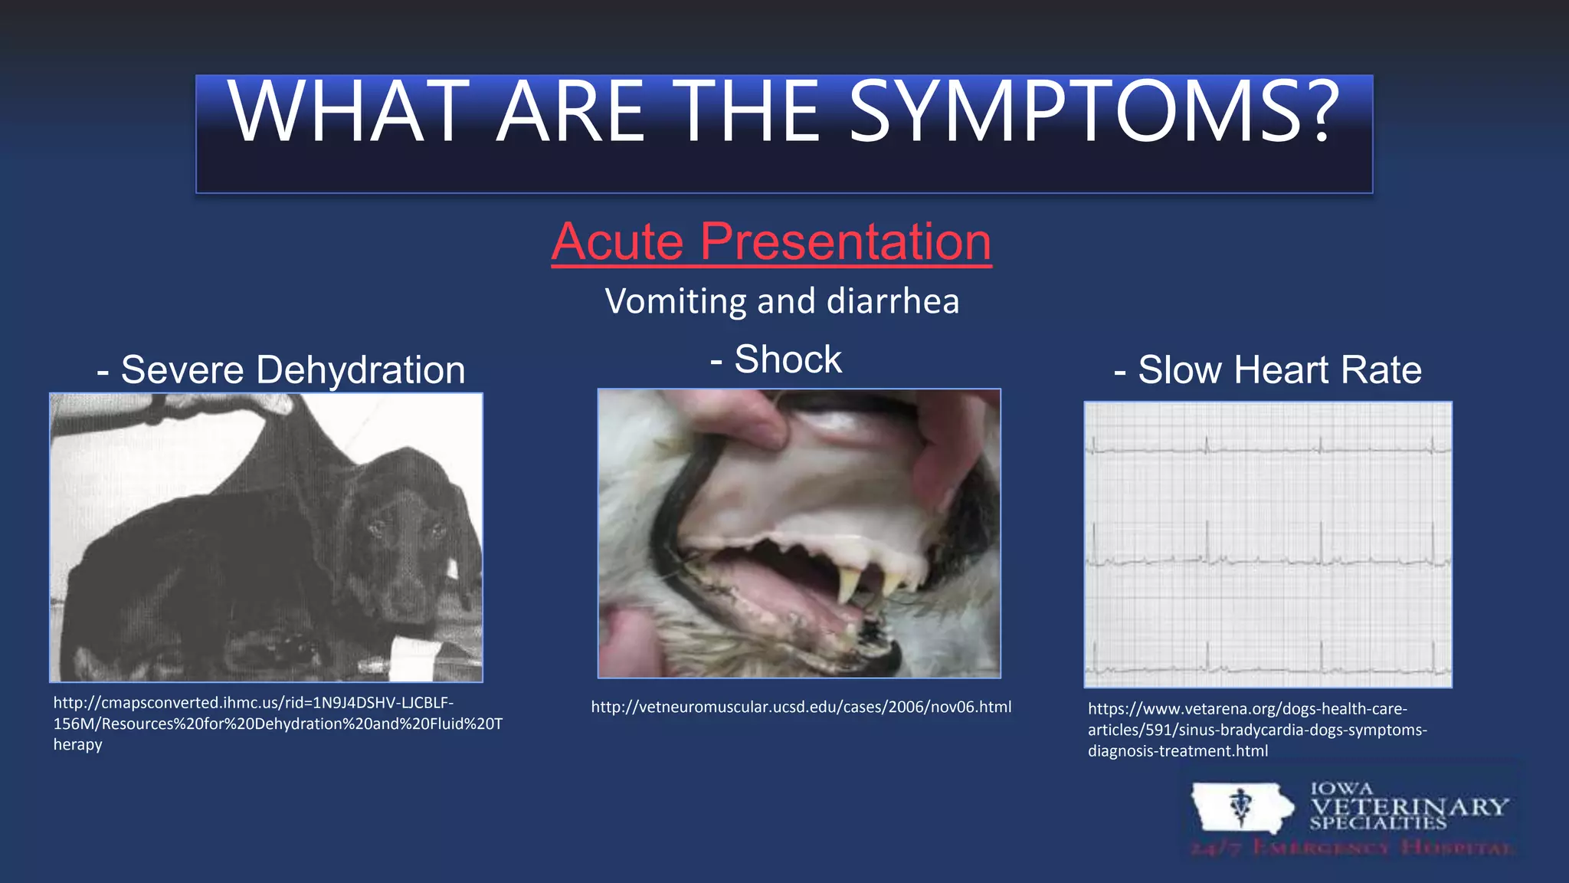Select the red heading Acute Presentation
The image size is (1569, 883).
click(771, 242)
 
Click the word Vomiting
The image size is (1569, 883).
click(675, 300)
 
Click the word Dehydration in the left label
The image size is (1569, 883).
click(360, 370)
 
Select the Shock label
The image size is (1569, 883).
click(787, 359)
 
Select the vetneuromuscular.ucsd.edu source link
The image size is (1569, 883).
click(801, 707)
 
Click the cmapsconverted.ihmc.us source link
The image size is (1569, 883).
click(276, 723)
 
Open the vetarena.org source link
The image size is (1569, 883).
click(1256, 730)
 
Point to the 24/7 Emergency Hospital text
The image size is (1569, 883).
click(1352, 849)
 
